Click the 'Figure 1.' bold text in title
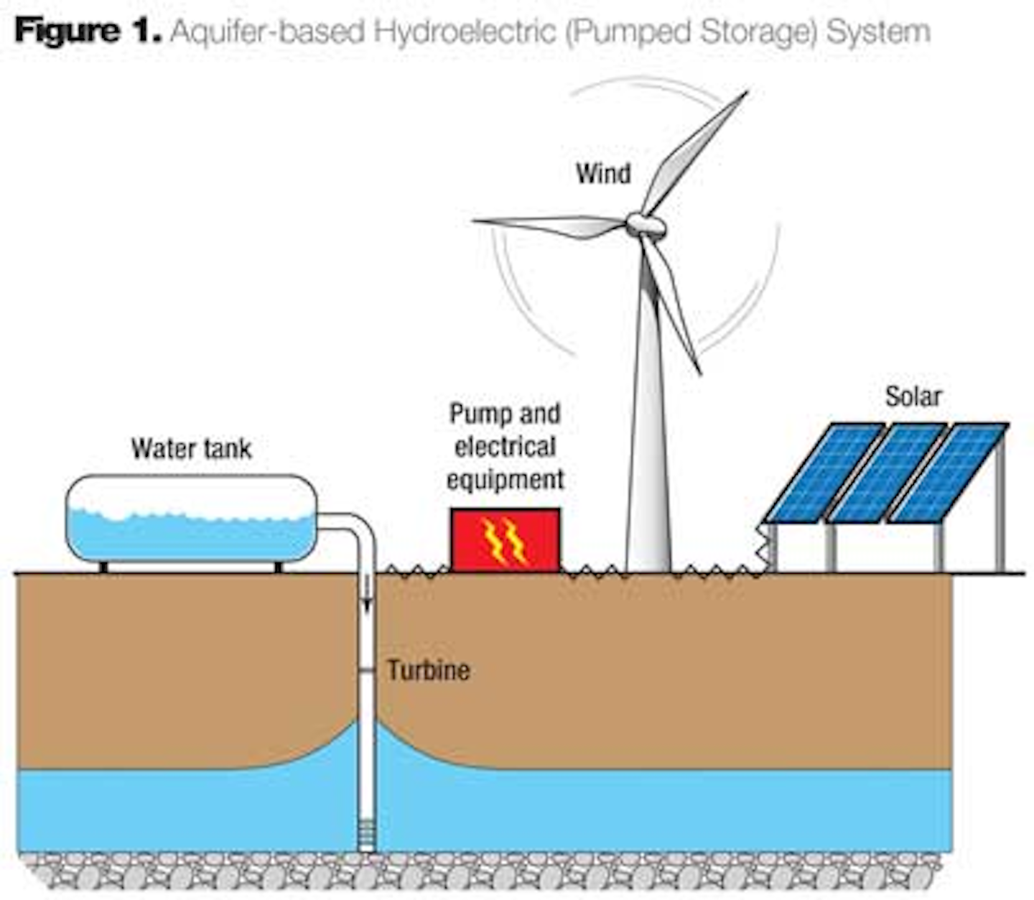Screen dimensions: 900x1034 point(88,32)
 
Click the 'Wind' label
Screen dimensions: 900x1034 point(603,174)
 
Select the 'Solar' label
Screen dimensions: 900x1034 point(913,396)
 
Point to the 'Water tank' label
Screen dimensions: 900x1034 point(191,449)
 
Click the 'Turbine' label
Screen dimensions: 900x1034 point(429,670)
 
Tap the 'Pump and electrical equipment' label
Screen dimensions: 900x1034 point(505,447)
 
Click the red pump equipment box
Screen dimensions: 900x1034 point(505,539)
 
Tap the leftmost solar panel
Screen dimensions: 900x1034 point(824,472)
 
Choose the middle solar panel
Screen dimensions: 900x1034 point(887,472)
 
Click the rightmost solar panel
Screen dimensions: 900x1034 point(948,472)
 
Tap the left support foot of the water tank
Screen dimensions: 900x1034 point(103,567)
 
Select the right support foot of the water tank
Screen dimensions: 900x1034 point(278,567)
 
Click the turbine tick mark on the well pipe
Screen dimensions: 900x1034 point(366,671)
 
